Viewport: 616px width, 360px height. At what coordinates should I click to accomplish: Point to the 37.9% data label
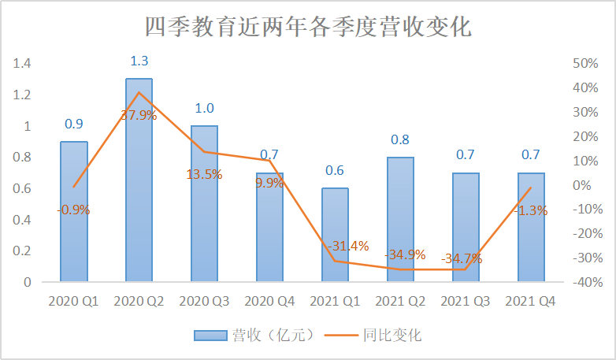point(139,115)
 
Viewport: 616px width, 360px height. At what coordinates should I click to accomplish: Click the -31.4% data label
point(347,246)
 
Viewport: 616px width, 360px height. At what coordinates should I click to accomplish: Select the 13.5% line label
point(204,174)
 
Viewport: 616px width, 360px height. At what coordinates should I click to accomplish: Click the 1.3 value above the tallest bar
point(139,61)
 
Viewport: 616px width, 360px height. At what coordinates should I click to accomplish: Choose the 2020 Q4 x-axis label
point(269,301)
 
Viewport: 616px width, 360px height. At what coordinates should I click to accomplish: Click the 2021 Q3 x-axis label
point(466,301)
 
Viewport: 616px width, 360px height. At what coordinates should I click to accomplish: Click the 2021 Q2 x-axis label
point(400,301)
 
